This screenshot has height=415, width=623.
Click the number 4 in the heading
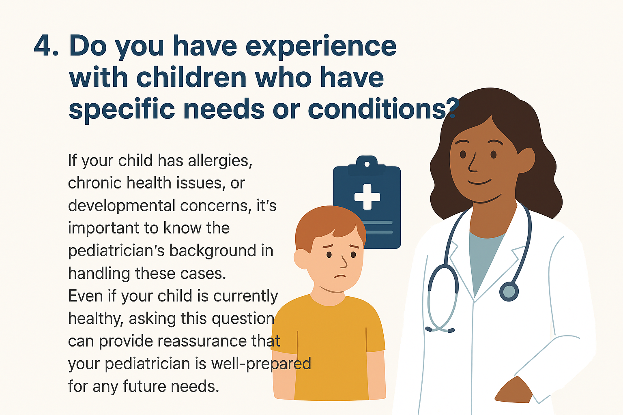[43, 45]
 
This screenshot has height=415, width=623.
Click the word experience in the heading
[321, 47]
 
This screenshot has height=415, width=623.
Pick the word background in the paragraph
[213, 250]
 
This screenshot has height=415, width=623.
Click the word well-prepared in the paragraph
[261, 364]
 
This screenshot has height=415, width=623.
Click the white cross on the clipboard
[367, 197]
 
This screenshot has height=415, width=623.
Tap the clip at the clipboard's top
[367, 165]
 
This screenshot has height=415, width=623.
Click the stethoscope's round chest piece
[509, 291]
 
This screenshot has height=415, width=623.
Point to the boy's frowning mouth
[340, 276]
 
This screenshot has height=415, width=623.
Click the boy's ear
[301, 259]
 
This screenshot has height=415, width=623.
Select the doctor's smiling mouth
[479, 182]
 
